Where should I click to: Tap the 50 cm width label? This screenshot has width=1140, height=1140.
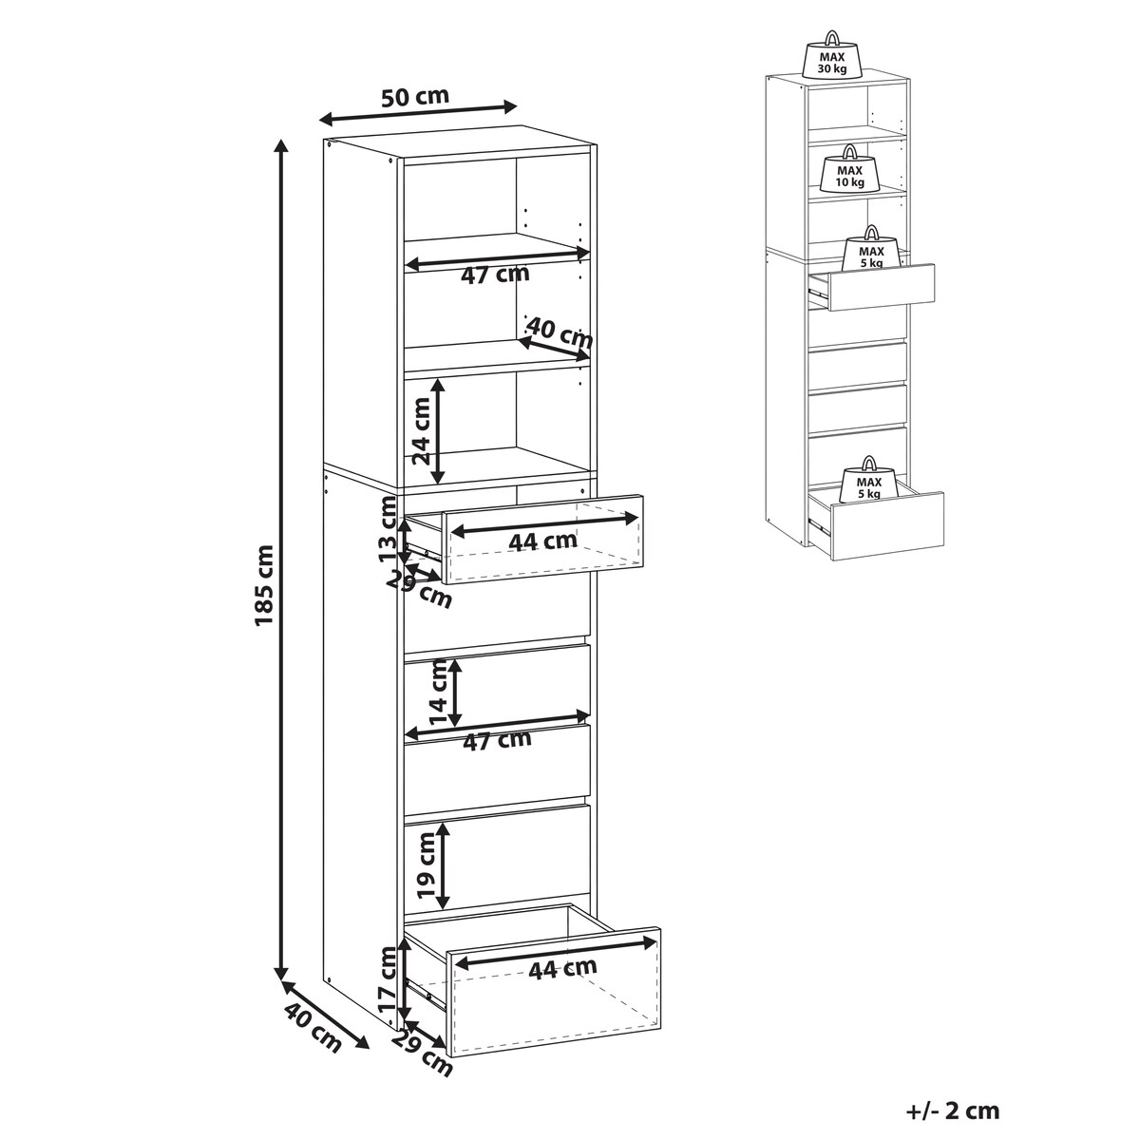tap(415, 96)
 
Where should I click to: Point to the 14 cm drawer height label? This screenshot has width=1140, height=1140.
tap(437, 693)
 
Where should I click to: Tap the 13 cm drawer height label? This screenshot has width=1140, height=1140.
tap(389, 528)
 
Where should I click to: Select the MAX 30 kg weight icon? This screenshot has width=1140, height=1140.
tap(832, 54)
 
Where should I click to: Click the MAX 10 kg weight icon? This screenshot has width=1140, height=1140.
tap(849, 168)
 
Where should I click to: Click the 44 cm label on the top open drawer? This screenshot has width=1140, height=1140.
tap(542, 541)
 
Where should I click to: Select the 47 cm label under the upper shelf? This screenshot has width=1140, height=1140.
tap(495, 275)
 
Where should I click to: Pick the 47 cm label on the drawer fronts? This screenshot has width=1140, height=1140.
tap(497, 740)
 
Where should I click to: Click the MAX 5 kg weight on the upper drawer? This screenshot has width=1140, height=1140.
tap(871, 249)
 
